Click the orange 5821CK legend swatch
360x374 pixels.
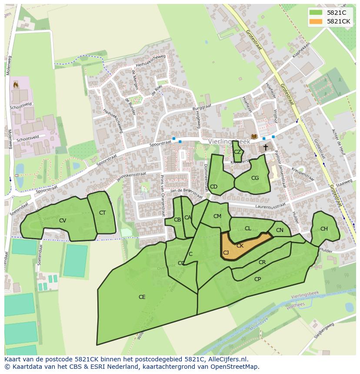tap(317, 21)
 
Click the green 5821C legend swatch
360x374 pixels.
tap(317, 12)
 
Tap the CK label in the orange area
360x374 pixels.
tap(240, 245)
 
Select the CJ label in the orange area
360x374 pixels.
tap(226, 252)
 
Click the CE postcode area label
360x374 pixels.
tap(142, 297)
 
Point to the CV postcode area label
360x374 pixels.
tap(63, 221)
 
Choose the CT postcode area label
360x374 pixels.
tap(102, 213)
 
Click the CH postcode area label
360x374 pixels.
tap(324, 229)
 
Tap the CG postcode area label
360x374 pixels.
tap(255, 178)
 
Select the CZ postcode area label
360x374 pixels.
tap(237, 152)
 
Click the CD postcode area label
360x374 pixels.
tap(213, 187)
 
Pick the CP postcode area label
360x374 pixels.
tap(257, 279)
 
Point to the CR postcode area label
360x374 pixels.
tap(262, 262)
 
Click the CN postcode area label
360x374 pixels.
tap(280, 230)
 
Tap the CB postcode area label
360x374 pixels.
tap(177, 220)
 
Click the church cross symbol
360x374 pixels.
tap(265, 148)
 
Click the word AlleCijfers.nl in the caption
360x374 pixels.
tap(227, 359)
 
